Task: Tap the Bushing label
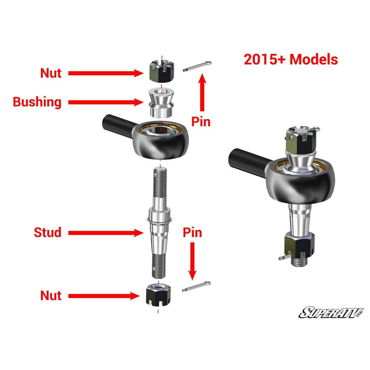(x=37, y=102)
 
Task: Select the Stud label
(x=47, y=232)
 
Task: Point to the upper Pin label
(x=201, y=122)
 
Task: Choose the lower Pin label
(x=192, y=232)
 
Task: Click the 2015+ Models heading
(x=290, y=60)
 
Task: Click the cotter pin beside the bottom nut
(x=197, y=286)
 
